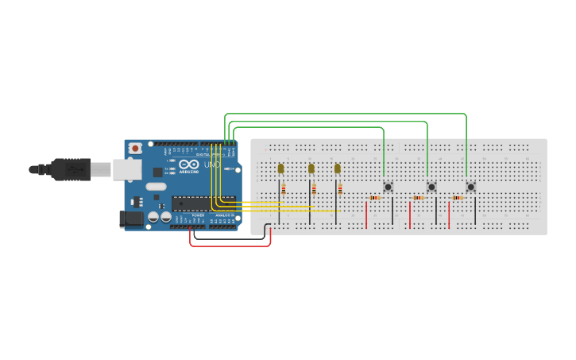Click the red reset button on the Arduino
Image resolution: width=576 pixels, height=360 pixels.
click(135, 148)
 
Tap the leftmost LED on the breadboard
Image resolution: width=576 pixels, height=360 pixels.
click(280, 168)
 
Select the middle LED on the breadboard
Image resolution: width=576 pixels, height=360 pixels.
click(311, 168)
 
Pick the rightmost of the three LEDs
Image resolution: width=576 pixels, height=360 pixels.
click(338, 168)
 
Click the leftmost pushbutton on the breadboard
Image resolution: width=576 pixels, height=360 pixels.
click(388, 187)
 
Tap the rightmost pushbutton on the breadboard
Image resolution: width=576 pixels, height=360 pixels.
click(470, 187)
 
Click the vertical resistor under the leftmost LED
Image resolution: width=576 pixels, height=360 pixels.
click(284, 189)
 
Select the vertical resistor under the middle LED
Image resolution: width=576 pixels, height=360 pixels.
click(314, 189)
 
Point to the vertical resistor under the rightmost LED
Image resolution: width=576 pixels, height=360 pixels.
click(340, 189)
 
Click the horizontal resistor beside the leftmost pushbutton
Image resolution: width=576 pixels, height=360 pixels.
click(374, 198)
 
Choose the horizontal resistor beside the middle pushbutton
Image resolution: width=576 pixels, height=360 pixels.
click(418, 198)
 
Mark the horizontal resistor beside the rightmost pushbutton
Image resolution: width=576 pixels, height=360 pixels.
click(458, 198)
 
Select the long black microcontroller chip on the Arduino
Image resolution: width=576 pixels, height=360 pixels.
click(203, 203)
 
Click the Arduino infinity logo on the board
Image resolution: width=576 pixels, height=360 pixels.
click(189, 165)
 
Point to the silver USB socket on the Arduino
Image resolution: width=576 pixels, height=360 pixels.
click(126, 169)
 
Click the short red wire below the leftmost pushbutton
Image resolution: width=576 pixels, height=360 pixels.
click(366, 215)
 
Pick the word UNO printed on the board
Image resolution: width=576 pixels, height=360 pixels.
click(211, 165)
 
